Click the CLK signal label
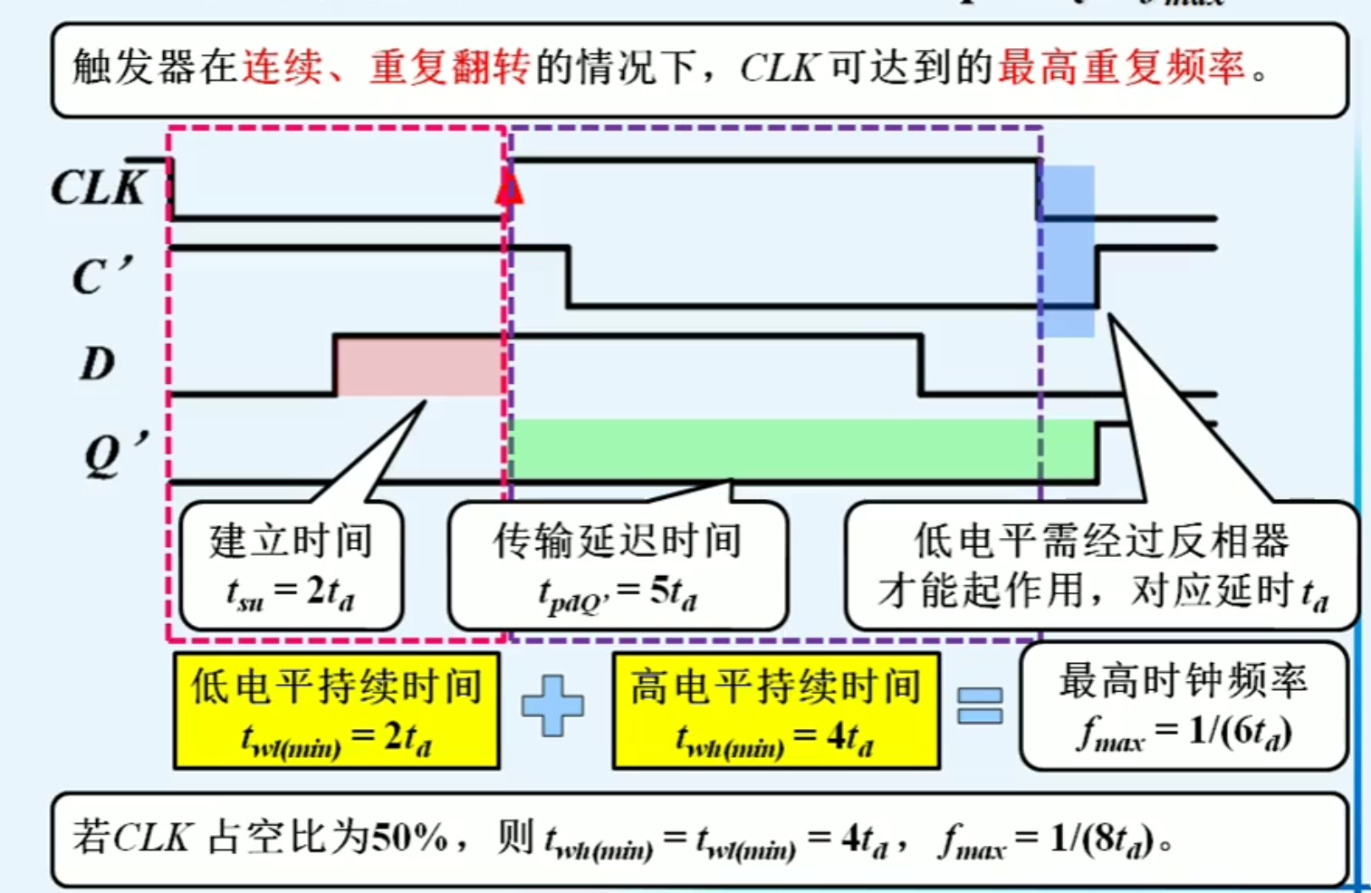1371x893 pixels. point(98,187)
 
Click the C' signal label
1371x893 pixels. point(101,275)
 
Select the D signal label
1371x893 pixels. point(97,364)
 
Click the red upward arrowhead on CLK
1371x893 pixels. point(509,188)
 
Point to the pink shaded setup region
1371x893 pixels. point(418,366)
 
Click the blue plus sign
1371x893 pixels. point(552,705)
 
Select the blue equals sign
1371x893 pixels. point(980,706)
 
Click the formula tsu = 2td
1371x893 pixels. point(291,593)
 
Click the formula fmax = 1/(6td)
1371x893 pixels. point(1184,733)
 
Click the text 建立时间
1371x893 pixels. point(291,541)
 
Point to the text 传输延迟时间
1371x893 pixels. point(618,541)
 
